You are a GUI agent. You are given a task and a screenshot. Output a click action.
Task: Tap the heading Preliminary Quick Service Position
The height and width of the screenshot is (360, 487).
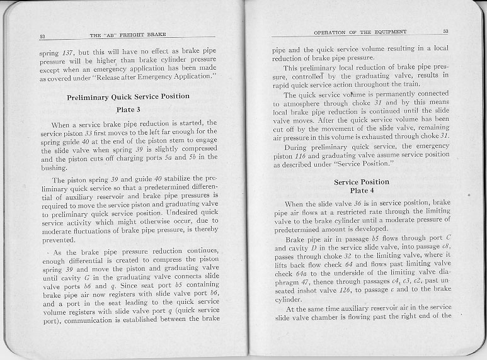[128, 96]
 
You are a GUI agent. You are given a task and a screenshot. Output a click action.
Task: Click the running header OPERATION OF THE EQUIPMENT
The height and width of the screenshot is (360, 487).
[360, 31]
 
